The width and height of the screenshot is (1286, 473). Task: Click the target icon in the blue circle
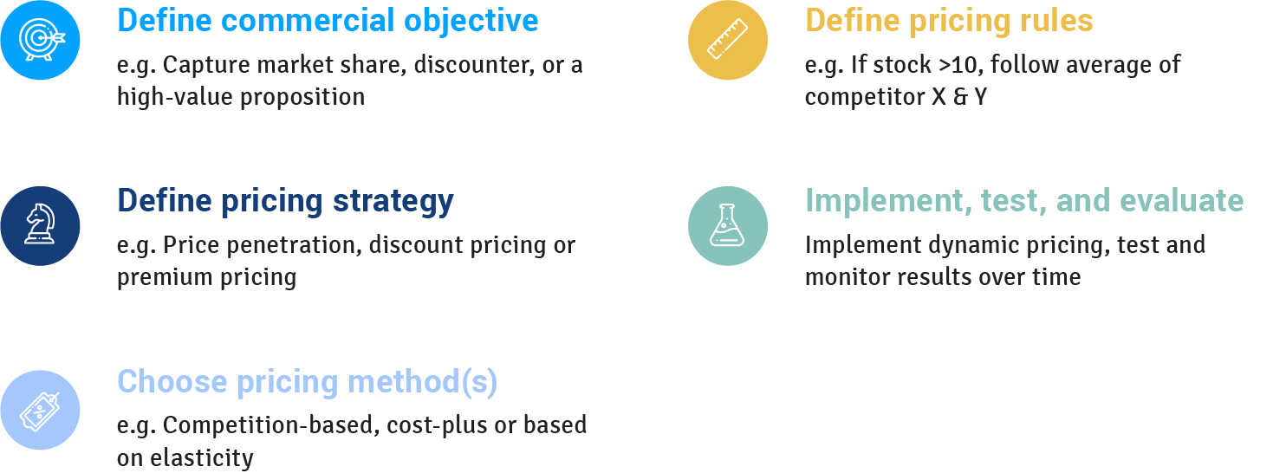click(42, 40)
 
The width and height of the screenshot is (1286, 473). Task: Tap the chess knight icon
click(40, 224)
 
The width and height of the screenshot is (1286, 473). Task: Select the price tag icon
click(40, 411)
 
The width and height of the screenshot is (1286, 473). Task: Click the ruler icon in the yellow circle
click(727, 40)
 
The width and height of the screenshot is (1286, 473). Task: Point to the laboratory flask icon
click(727, 225)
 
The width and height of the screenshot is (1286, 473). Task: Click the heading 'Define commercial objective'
click(328, 22)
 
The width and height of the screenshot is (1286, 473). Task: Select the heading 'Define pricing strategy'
click(285, 202)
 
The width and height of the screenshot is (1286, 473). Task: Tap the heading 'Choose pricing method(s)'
click(307, 382)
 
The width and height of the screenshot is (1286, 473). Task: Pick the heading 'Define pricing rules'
click(949, 22)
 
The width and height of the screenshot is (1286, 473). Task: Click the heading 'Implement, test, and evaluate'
click(1024, 201)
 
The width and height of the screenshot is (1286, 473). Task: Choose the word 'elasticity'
click(202, 458)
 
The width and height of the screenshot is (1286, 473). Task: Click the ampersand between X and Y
click(960, 97)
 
